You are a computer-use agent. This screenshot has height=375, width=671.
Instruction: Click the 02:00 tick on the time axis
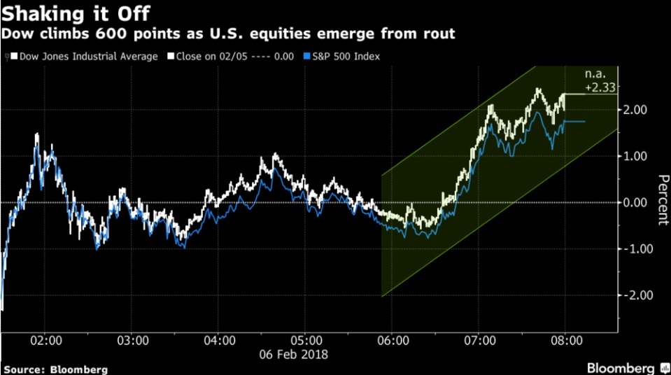(x=47, y=341)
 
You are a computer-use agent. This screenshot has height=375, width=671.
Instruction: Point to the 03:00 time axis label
(x=133, y=341)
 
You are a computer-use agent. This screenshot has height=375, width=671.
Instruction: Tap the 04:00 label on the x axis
(x=220, y=341)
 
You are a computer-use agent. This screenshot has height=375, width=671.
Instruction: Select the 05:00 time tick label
(x=306, y=341)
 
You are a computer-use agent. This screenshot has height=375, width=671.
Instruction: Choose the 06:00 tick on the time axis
(x=393, y=341)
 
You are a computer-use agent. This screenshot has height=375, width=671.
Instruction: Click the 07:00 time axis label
(x=479, y=341)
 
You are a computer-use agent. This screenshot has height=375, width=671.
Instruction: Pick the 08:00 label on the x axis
(x=566, y=341)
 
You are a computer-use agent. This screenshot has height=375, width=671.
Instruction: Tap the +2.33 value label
(x=602, y=87)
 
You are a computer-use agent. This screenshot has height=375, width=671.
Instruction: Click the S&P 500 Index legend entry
(x=344, y=56)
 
